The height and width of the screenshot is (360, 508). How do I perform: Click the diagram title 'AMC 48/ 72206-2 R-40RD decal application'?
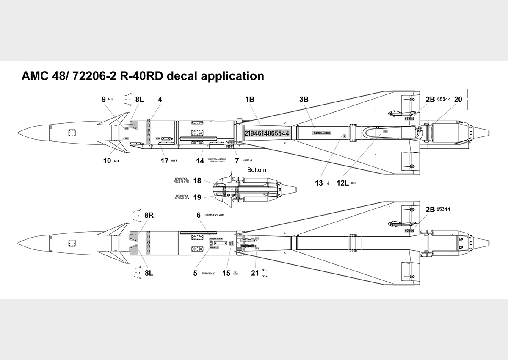[x=143, y=76]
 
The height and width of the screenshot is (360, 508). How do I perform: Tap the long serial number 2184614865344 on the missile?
[x=267, y=133]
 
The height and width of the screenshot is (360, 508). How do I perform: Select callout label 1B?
[x=250, y=100]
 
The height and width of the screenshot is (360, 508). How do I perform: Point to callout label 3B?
[x=304, y=100]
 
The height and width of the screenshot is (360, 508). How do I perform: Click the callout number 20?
[x=458, y=100]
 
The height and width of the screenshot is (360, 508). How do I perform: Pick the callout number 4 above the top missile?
[x=160, y=100]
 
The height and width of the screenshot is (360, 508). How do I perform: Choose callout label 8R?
[x=149, y=215]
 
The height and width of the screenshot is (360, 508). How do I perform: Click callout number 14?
[x=200, y=161]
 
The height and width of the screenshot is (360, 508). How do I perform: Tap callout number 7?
[x=237, y=161]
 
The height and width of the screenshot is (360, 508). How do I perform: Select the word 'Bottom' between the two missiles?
[x=257, y=170]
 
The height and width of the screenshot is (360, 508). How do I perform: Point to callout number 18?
[x=197, y=181]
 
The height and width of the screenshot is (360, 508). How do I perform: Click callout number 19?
[x=197, y=197]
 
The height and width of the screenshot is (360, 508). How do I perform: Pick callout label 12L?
[x=342, y=183]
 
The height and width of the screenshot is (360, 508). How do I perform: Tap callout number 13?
[x=318, y=183]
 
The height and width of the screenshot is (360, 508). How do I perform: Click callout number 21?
[x=254, y=273]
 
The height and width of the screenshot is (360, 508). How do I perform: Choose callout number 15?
[x=226, y=273]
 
